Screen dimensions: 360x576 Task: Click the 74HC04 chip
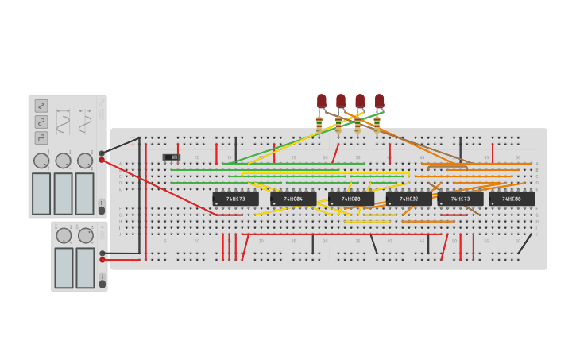293,199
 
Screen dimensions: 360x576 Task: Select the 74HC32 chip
408,199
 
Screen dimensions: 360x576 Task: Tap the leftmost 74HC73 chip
235,199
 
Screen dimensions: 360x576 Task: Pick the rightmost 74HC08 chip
512,199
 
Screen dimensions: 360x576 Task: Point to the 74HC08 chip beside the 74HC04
351,199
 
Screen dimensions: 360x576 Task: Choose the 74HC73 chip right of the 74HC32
460,199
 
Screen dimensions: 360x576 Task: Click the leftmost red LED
322,101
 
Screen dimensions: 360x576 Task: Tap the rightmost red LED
379,101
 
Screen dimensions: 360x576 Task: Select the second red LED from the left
341,101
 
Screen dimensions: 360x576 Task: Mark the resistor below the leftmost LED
319,125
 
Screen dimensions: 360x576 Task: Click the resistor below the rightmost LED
377,125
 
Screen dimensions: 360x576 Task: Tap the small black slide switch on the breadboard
172,157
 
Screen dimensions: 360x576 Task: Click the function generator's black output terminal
102,153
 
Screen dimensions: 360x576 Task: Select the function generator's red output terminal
102,161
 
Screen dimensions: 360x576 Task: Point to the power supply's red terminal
102,260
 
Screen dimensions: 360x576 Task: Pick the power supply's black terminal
102,253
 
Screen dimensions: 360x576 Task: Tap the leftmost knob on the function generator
41,161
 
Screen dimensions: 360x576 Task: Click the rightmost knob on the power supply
86,235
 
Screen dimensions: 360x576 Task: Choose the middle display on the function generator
63,193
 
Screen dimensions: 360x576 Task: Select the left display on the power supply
64,268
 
